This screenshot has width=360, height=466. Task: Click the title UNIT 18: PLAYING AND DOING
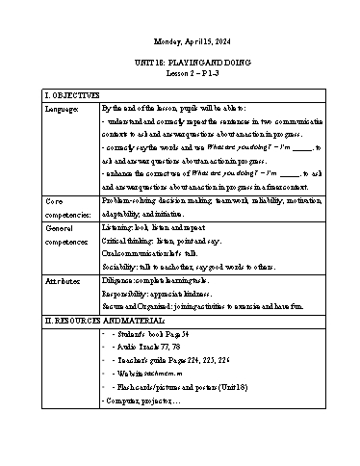pos(179,63)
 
